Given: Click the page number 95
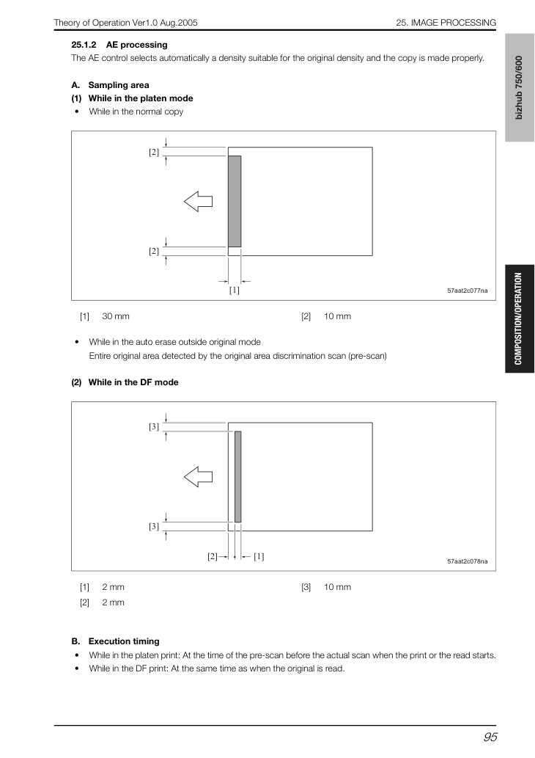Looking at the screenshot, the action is (x=490, y=737).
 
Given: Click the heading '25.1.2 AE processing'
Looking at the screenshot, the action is (x=119, y=45).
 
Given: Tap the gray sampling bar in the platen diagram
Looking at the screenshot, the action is (x=235, y=202).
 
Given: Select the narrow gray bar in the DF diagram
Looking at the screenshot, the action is (x=237, y=477).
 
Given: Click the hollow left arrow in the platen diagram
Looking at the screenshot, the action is (x=199, y=201).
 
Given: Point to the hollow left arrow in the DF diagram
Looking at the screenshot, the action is (x=199, y=477).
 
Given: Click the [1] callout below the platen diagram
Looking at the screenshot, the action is (x=235, y=290).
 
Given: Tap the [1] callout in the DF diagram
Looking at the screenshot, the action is (x=259, y=556).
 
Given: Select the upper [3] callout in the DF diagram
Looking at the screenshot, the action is (x=154, y=426).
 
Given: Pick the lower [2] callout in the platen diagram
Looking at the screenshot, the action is (x=154, y=252).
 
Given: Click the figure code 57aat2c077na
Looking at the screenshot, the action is (x=468, y=291).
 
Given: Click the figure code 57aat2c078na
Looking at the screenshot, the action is (x=468, y=561).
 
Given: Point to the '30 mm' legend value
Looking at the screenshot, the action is (x=116, y=316).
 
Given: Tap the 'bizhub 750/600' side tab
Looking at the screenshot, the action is (x=520, y=87).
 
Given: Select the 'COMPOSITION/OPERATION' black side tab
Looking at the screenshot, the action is (x=520, y=318).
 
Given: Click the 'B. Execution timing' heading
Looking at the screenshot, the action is (x=115, y=641).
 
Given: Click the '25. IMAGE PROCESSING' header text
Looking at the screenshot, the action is (x=446, y=23).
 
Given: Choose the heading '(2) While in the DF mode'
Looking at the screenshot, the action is (x=125, y=382).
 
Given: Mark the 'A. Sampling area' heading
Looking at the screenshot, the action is (x=111, y=86).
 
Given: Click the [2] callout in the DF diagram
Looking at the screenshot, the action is (x=213, y=556).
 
